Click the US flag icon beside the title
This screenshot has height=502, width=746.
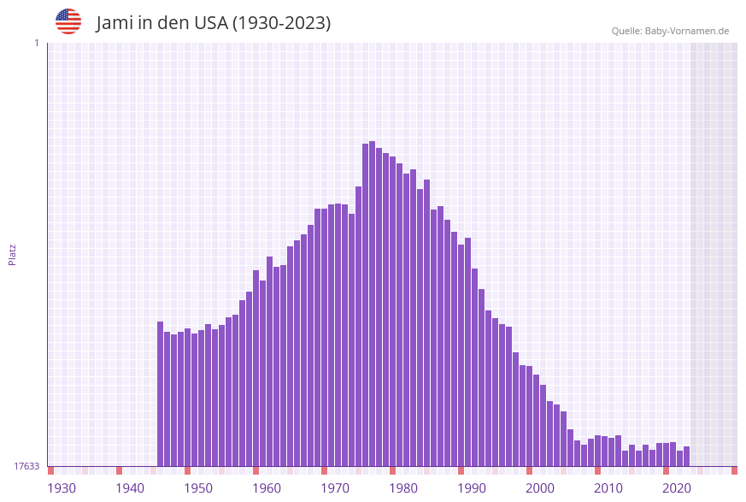point(68,21)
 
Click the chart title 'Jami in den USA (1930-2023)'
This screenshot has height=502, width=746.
point(213,23)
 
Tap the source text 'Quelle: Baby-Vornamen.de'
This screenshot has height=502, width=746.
point(670,31)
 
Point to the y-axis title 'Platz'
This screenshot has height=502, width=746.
point(13,254)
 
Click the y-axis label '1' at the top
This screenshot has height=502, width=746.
point(36,43)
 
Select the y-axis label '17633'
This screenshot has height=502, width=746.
point(26,466)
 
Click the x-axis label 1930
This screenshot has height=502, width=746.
point(62,487)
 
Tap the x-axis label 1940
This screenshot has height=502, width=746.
point(130,487)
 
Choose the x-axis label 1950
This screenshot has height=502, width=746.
point(198,487)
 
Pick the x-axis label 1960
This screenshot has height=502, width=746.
point(267,487)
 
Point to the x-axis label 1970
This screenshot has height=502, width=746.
point(335,487)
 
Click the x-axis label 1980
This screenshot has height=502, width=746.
point(403,487)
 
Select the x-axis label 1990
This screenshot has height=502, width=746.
point(472,487)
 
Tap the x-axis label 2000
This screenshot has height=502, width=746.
point(540,487)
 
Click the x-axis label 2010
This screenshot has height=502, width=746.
point(608,487)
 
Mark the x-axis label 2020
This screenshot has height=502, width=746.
point(677,487)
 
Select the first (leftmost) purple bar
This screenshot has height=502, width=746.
point(160,393)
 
